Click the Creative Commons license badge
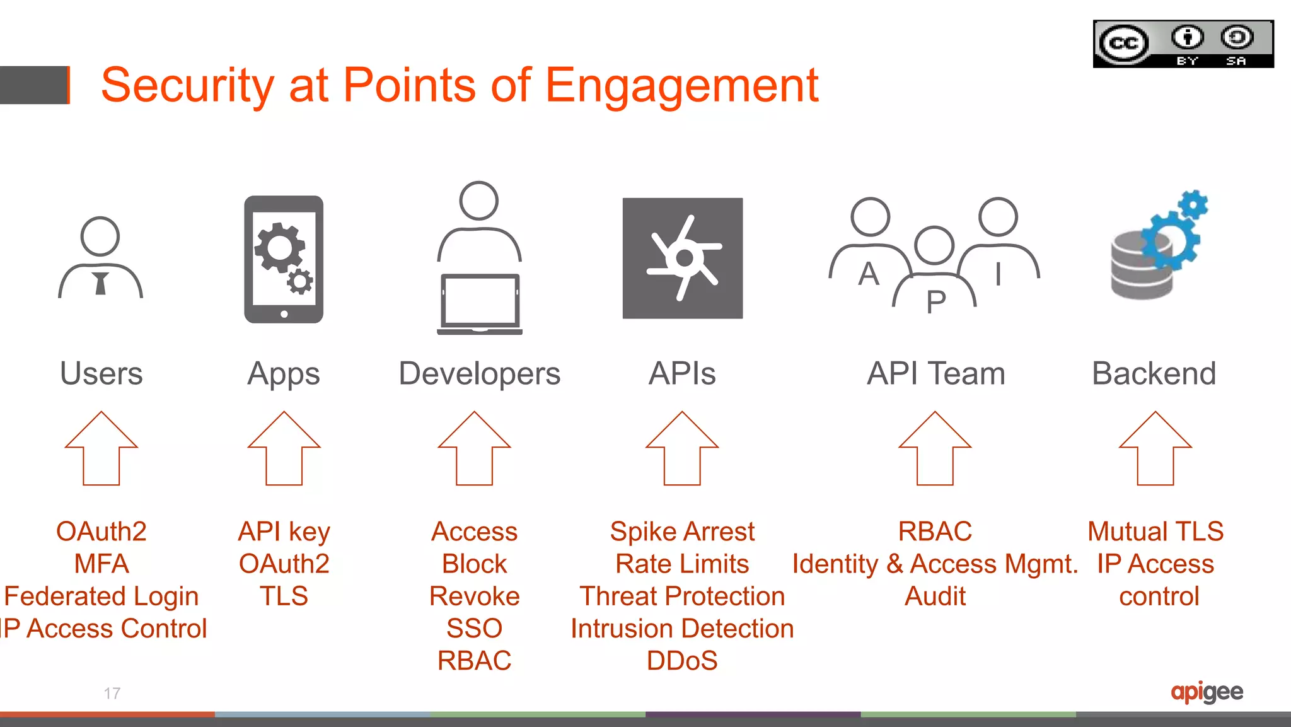[x=1183, y=44]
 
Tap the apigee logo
[x=1207, y=692]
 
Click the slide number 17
[x=112, y=694]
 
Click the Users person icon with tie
[x=100, y=259]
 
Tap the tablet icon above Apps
[x=284, y=260]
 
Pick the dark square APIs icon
[x=682, y=258]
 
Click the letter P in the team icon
[x=935, y=302]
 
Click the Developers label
[x=479, y=373]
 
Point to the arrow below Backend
[x=1155, y=449]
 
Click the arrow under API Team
[x=935, y=449]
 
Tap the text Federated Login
[x=101, y=596]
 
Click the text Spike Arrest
[x=682, y=532]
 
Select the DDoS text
[x=682, y=661]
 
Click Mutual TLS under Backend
[x=1155, y=532]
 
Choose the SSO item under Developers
[x=474, y=629]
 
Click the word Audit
[x=935, y=596]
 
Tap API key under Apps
[x=284, y=532]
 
